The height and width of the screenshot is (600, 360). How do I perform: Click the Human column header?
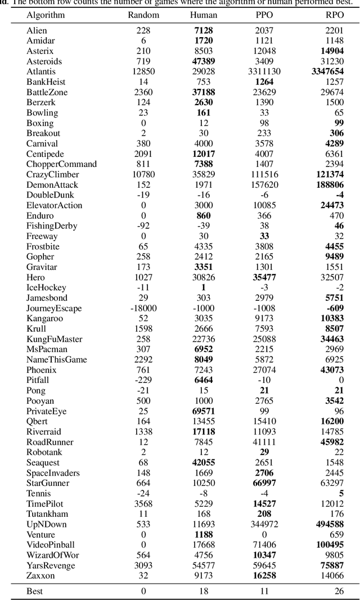tap(204, 15)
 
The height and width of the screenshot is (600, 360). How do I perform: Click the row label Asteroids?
tap(44, 61)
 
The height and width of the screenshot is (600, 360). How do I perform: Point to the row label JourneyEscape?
tap(54, 308)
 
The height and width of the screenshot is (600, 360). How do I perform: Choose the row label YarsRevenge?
tap(49, 565)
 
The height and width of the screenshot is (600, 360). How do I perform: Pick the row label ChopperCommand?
tap(62, 164)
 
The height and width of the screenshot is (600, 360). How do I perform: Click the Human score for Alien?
tap(204, 30)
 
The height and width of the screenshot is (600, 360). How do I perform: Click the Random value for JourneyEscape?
tap(143, 308)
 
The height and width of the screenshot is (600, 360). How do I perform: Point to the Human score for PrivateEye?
tap(204, 411)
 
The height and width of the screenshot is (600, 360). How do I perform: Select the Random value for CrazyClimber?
tap(143, 174)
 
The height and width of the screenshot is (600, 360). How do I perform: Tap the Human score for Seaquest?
tap(204, 462)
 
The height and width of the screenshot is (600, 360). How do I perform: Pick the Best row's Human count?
tap(204, 591)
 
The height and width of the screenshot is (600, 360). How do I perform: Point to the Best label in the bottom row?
tap(34, 591)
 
